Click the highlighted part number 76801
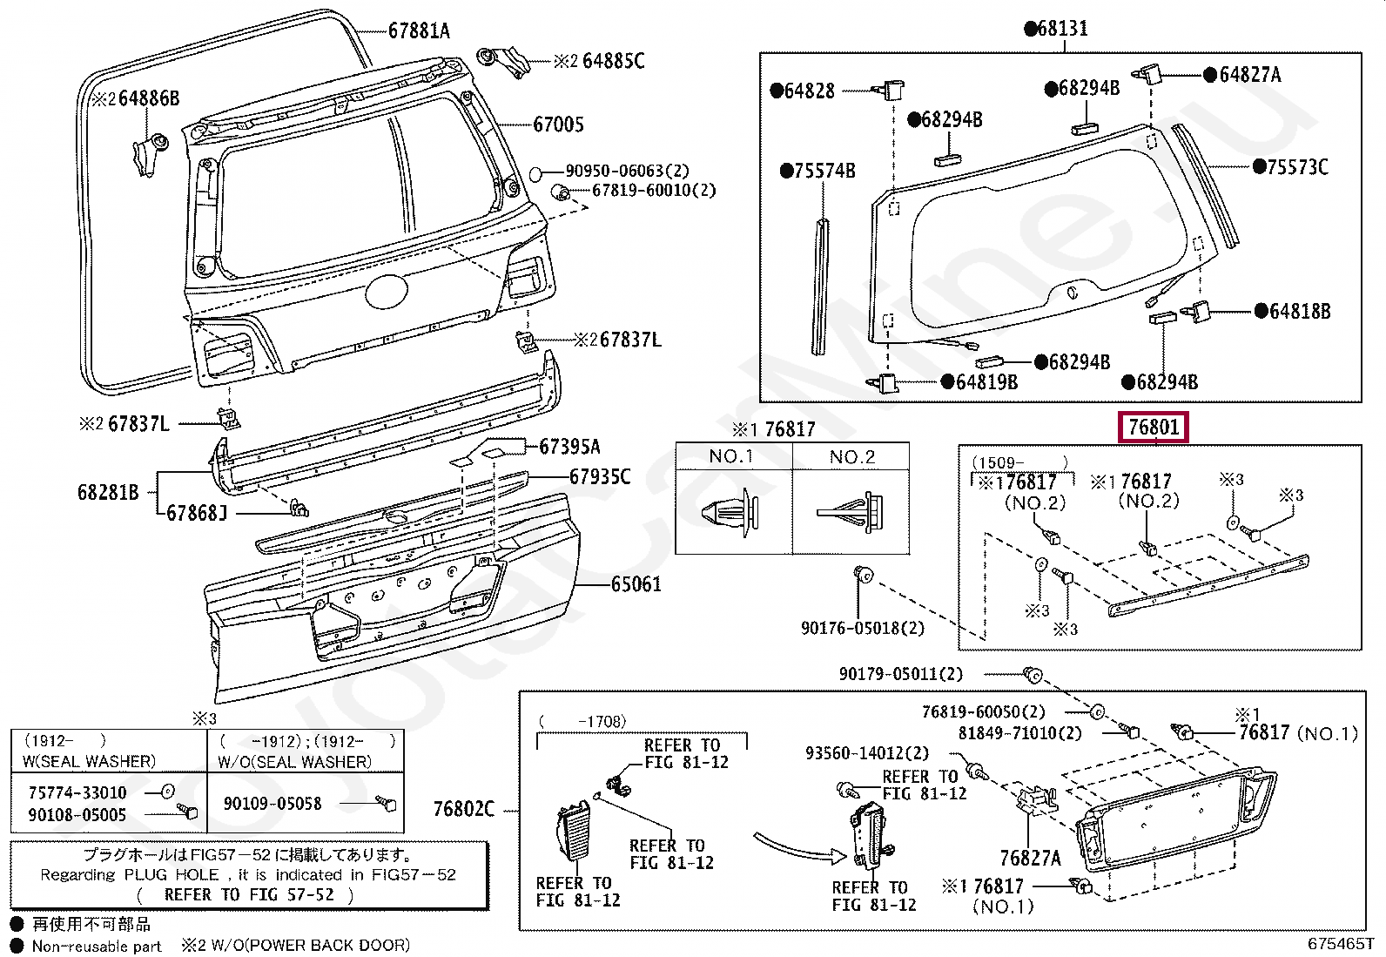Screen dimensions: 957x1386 (x=1154, y=428)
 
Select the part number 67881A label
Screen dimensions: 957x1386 (x=419, y=31)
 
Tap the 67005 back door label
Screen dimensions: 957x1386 (x=558, y=125)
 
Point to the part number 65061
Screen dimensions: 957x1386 (x=636, y=584)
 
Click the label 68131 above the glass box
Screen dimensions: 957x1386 (x=1055, y=29)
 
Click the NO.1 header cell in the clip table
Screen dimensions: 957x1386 (x=732, y=456)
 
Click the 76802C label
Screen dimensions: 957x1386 (x=463, y=810)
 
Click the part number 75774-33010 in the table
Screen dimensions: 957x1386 (x=77, y=792)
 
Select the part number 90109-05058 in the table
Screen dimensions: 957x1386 (x=272, y=804)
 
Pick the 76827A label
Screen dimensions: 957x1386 (x=1030, y=858)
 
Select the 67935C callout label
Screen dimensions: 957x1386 (x=600, y=477)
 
